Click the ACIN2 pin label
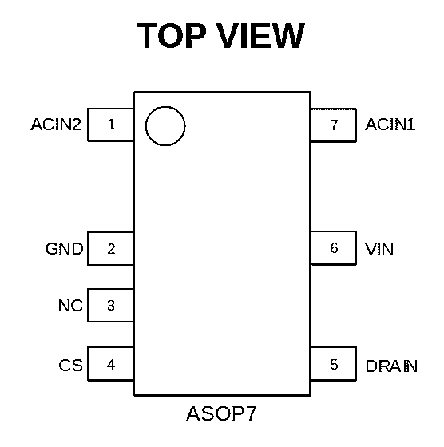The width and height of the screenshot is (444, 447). [x=56, y=125]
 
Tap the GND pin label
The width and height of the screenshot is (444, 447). [x=65, y=249]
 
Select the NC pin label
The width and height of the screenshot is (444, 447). [x=70, y=306]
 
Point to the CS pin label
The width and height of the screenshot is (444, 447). [x=71, y=366]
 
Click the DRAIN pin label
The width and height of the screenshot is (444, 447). [x=391, y=366]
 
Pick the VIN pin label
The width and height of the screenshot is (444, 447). [x=379, y=249]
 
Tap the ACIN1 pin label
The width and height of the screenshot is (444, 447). [x=390, y=125]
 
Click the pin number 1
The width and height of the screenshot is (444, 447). [x=111, y=125]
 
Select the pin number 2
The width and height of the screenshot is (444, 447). [x=111, y=249]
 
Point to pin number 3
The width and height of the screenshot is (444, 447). [x=111, y=305]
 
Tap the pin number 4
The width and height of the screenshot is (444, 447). [x=111, y=365]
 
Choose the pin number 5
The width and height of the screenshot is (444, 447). [x=334, y=365]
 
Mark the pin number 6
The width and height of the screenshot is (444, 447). [x=334, y=248]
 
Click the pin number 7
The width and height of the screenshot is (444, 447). [x=334, y=125]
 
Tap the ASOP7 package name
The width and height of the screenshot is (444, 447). [x=221, y=413]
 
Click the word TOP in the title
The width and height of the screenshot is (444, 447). [x=171, y=36]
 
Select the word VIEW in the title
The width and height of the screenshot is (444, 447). [x=261, y=36]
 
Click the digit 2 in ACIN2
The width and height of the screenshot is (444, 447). [x=77, y=125]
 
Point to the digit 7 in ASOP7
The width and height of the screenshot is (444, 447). [x=252, y=413]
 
